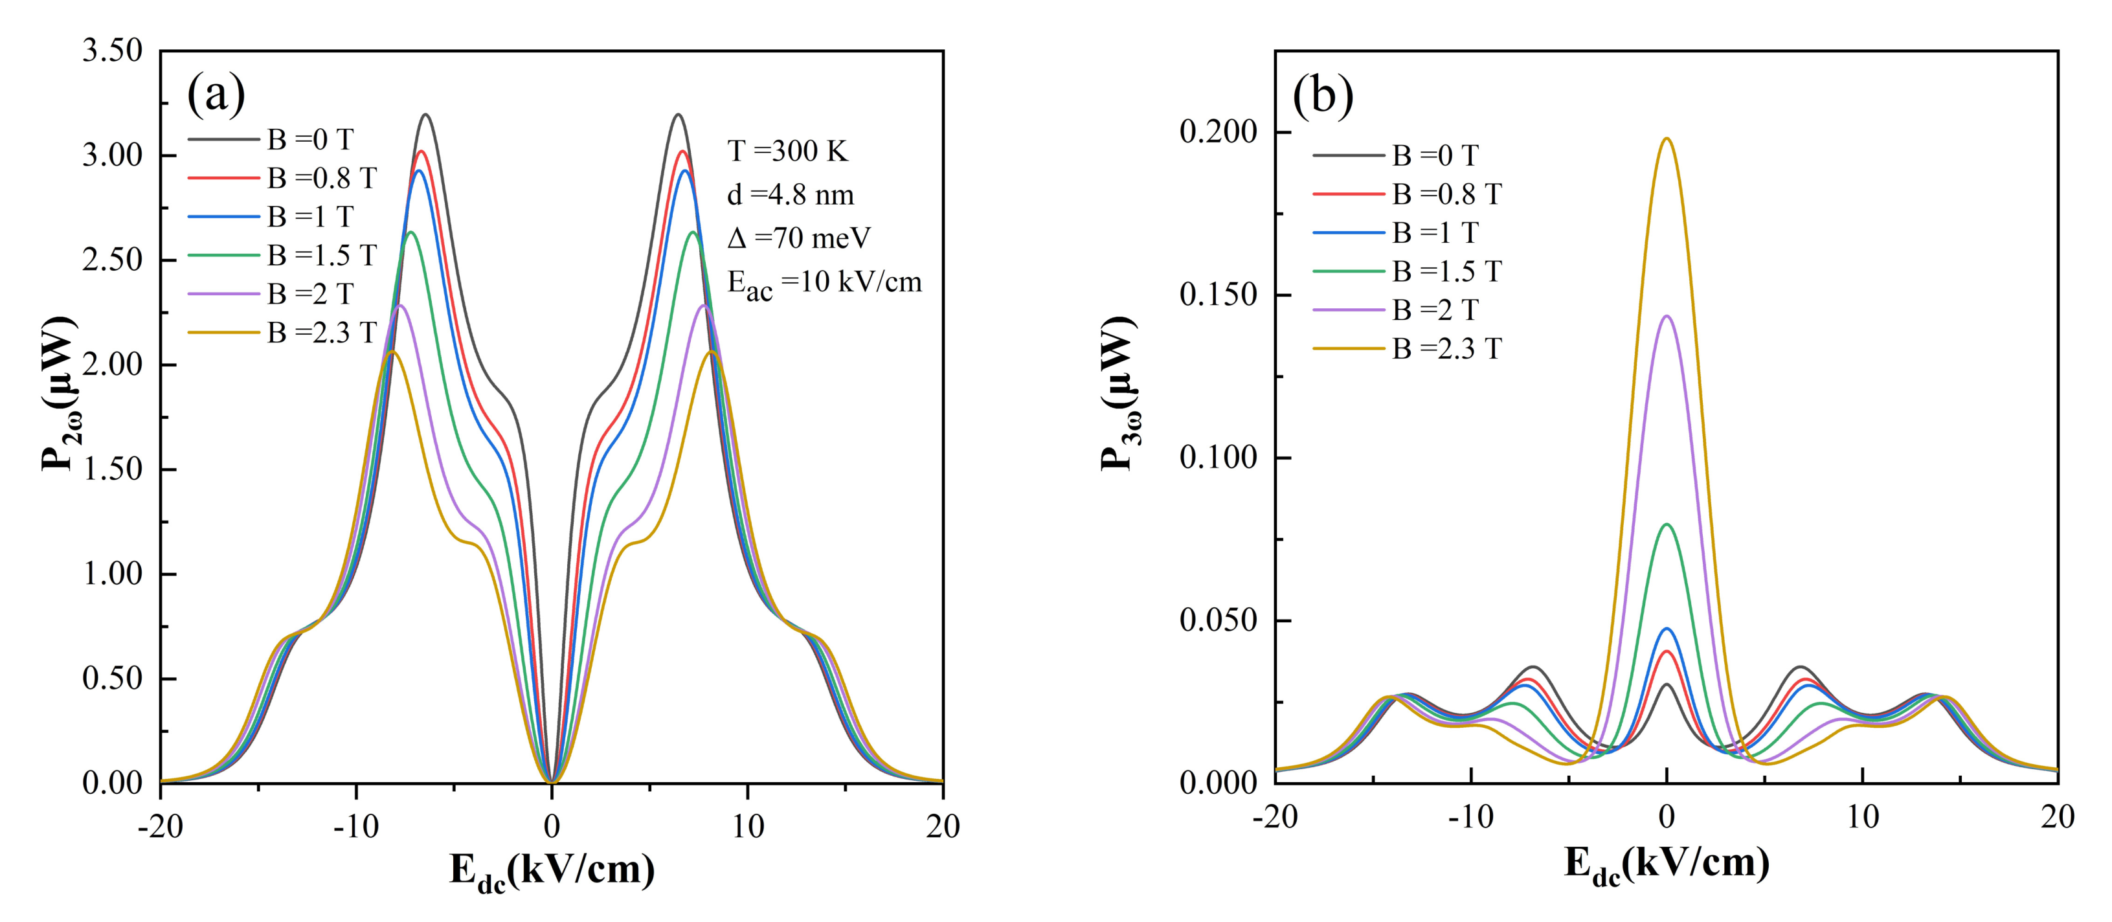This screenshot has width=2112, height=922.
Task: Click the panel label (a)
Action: [216, 95]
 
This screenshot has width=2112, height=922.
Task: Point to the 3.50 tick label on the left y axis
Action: [112, 51]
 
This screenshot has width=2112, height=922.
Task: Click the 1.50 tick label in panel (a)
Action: [112, 469]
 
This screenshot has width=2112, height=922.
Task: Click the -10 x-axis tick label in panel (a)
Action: [356, 826]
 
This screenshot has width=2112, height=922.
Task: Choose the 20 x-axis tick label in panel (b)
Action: [2057, 816]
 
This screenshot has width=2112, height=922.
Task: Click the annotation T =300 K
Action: [787, 151]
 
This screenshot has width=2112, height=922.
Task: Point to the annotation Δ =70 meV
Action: [798, 238]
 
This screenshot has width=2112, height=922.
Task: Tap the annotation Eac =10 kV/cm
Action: [824, 283]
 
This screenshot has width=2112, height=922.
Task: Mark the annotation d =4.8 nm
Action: [791, 194]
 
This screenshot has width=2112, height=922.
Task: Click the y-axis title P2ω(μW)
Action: [59, 394]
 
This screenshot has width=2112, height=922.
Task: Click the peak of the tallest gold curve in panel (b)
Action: [1666, 139]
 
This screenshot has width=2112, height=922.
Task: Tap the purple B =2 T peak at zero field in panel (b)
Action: [1666, 317]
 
